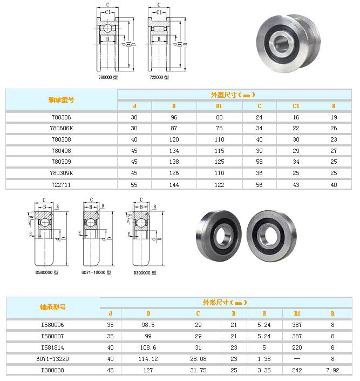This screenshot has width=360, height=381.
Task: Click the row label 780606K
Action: coord(61,128)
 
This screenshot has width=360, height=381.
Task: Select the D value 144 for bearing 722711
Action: coord(174,185)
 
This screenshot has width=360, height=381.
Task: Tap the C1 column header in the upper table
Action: coord(296,106)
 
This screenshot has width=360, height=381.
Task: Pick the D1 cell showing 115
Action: coord(219,151)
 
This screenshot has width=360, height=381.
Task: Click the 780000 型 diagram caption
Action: coord(108,77)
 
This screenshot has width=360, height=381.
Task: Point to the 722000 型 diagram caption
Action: coord(159,77)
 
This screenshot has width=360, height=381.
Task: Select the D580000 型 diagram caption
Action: coord(47,272)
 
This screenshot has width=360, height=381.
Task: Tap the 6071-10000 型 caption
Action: coord(96,272)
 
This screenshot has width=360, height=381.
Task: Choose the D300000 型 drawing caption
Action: coord(145,273)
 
